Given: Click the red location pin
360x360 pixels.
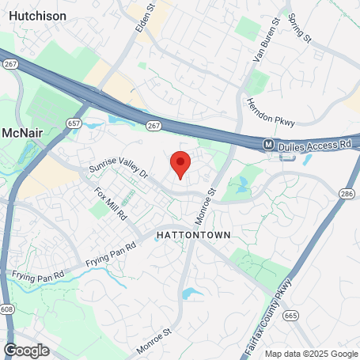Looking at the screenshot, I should tap(180, 164).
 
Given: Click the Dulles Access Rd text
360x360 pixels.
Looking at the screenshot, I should tap(316, 145).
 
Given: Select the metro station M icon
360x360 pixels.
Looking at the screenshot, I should tap(269, 145).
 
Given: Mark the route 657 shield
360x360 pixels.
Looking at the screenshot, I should tap(74, 123).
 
